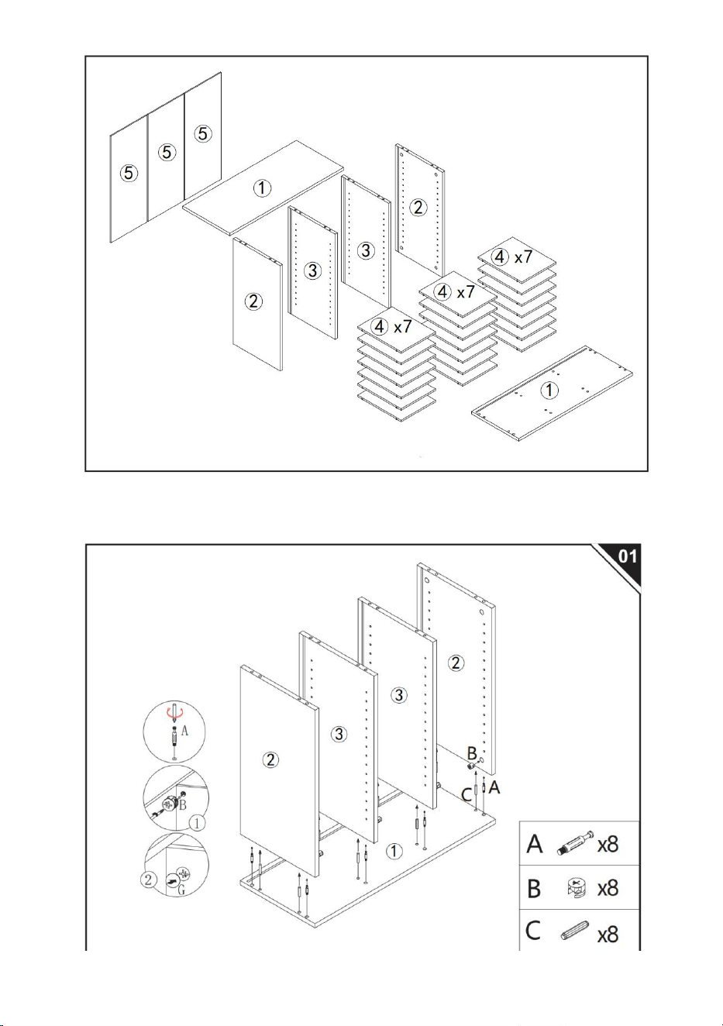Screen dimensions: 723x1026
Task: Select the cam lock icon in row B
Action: click(x=577, y=888)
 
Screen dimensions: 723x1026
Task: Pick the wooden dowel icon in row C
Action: click(x=574, y=929)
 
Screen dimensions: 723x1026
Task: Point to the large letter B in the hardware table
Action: click(x=534, y=888)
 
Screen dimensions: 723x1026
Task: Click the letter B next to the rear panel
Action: click(x=472, y=753)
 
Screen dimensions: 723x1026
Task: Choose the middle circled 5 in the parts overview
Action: click(x=167, y=152)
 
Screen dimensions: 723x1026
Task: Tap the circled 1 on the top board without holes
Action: click(x=262, y=188)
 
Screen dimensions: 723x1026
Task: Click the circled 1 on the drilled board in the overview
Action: click(x=550, y=391)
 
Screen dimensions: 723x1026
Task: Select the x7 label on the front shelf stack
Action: click(x=403, y=327)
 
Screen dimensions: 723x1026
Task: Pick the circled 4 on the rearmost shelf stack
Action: click(x=500, y=256)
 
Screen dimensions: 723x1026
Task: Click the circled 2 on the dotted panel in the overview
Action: click(x=418, y=208)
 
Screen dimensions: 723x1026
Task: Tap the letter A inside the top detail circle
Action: click(x=184, y=730)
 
